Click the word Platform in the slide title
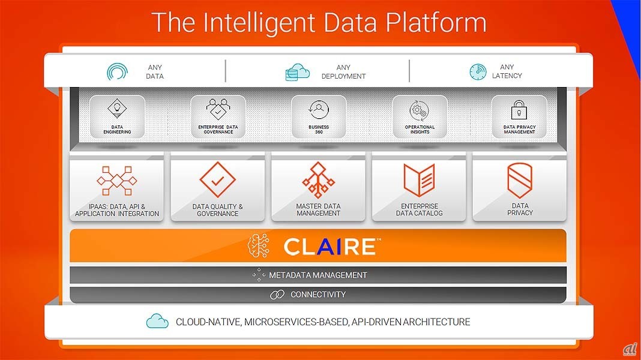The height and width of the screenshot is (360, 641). tap(435, 22)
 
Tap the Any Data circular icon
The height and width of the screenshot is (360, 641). tap(117, 72)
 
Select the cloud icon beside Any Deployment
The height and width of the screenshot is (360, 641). tap(297, 72)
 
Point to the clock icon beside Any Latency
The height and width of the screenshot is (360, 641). tap(478, 72)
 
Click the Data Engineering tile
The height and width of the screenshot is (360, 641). tap(117, 116)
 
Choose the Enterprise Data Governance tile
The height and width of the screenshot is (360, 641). tap(218, 116)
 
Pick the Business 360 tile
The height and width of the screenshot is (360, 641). tap(319, 116)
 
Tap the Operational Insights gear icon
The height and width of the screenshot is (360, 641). tap(419, 111)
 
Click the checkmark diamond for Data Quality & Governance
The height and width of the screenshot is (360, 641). tap(217, 180)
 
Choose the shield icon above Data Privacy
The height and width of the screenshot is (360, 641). tap(520, 181)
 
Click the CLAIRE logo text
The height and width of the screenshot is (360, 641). tap(330, 246)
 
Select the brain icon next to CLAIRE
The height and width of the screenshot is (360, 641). tap(259, 246)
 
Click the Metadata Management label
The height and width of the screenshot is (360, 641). tap(317, 275)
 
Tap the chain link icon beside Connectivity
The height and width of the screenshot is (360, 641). tap(277, 295)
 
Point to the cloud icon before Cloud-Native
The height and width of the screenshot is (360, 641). tap(157, 322)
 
